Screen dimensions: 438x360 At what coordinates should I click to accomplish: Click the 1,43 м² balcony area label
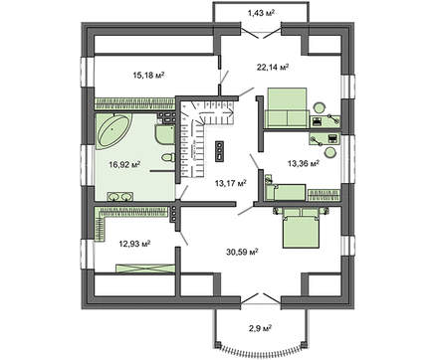click(261, 13)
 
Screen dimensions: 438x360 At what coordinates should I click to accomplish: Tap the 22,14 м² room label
click(273, 68)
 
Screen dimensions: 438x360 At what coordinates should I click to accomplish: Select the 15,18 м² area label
click(149, 76)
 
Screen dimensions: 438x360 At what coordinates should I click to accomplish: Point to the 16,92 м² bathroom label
click(124, 164)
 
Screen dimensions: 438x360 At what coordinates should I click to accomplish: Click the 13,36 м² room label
click(304, 163)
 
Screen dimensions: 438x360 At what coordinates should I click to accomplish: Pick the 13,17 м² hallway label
click(231, 183)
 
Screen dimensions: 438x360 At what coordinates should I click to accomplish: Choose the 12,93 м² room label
click(134, 244)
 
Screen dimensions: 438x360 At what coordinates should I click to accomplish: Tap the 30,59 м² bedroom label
click(242, 252)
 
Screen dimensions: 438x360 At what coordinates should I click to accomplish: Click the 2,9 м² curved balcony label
click(261, 328)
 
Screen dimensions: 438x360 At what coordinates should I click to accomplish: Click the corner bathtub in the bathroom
click(113, 130)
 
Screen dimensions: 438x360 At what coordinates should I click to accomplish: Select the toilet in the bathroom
click(168, 157)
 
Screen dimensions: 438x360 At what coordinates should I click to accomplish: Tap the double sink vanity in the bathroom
click(119, 197)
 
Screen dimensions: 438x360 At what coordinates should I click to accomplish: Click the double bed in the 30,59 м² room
click(301, 228)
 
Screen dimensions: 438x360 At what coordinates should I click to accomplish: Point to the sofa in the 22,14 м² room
click(287, 107)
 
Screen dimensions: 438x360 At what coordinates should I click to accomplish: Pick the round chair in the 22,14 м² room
click(320, 107)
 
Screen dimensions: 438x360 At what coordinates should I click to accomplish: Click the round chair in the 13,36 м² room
click(330, 152)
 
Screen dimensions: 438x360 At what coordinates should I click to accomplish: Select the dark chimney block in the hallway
click(220, 152)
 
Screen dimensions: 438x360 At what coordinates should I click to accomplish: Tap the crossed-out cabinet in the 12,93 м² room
click(145, 269)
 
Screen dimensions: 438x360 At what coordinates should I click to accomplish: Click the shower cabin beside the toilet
click(164, 134)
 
